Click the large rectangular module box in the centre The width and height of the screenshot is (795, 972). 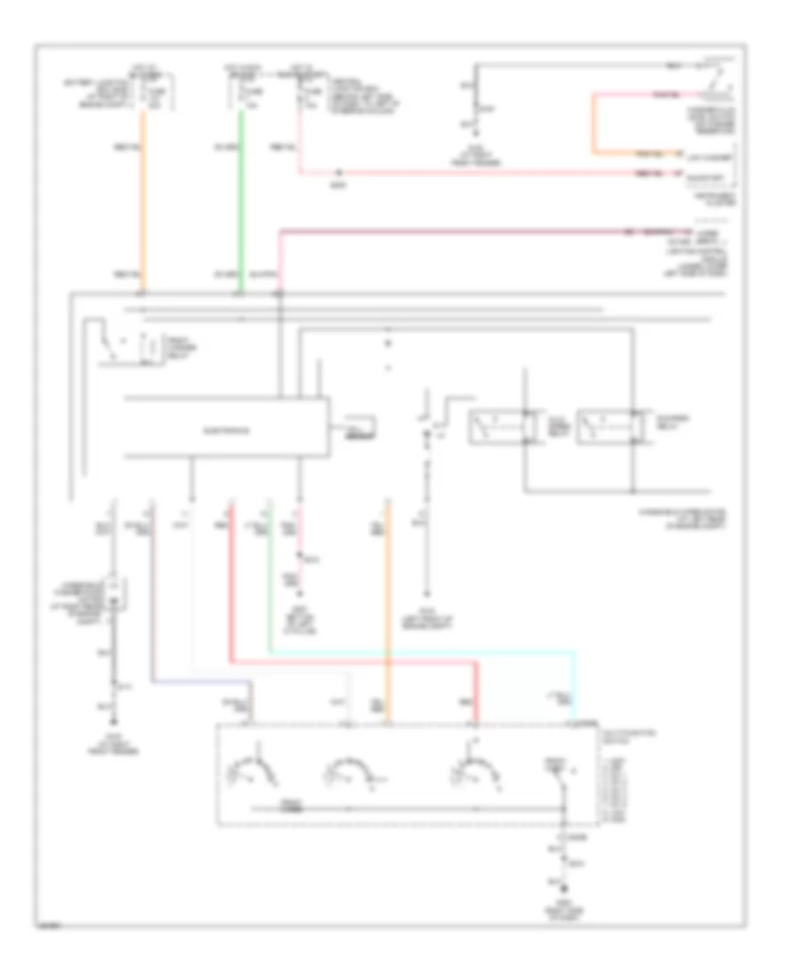227,428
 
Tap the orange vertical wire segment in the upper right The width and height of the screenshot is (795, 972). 594,124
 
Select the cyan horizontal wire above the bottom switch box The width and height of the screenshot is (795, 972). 424,652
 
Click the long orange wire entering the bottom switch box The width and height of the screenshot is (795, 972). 387,610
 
